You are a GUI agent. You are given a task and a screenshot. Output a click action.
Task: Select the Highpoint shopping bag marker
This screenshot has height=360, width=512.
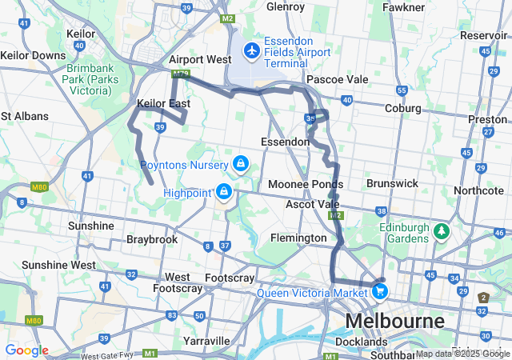click(224, 192)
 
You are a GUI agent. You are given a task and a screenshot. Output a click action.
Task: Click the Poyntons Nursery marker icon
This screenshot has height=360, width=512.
click(239, 164)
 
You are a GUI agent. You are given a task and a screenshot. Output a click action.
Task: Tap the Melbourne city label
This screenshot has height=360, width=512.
click(394, 322)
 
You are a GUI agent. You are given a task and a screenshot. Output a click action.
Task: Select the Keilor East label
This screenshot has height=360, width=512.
click(163, 104)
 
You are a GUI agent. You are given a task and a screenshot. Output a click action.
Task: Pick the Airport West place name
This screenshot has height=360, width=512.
click(200, 60)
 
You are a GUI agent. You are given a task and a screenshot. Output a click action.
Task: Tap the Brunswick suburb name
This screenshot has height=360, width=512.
click(392, 183)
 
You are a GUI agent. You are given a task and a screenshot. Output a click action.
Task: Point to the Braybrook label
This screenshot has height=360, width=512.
click(152, 239)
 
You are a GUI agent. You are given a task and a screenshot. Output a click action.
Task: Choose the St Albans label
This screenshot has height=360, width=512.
click(24, 116)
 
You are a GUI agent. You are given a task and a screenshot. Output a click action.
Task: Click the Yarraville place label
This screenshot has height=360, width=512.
click(206, 341)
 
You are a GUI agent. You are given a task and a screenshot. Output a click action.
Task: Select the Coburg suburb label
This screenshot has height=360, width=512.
click(403, 109)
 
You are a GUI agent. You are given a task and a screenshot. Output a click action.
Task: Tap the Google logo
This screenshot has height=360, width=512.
click(26, 350)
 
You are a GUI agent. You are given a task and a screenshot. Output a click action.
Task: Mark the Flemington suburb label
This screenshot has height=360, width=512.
click(298, 238)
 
